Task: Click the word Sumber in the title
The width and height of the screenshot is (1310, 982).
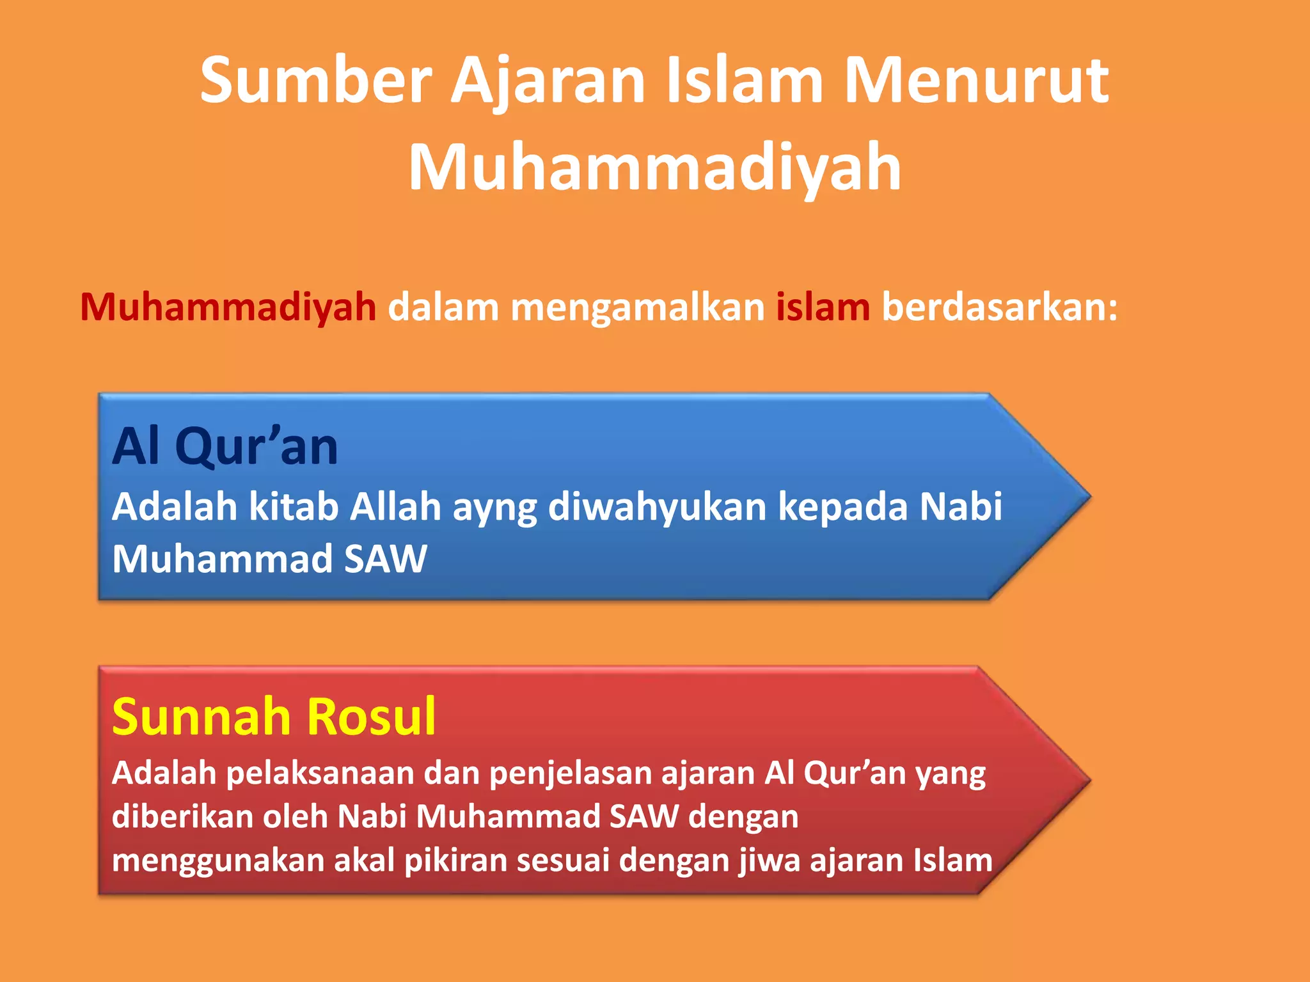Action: pyautogui.click(x=316, y=81)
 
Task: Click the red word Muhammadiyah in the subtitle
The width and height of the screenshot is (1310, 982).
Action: pyautogui.click(x=228, y=307)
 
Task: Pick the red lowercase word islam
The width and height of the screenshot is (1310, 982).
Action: pyautogui.click(x=823, y=307)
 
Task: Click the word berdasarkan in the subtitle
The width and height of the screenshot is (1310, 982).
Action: pyautogui.click(x=999, y=307)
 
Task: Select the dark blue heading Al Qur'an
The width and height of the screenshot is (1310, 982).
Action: pyautogui.click(x=225, y=446)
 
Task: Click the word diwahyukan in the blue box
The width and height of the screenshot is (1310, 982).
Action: pyautogui.click(x=657, y=506)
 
